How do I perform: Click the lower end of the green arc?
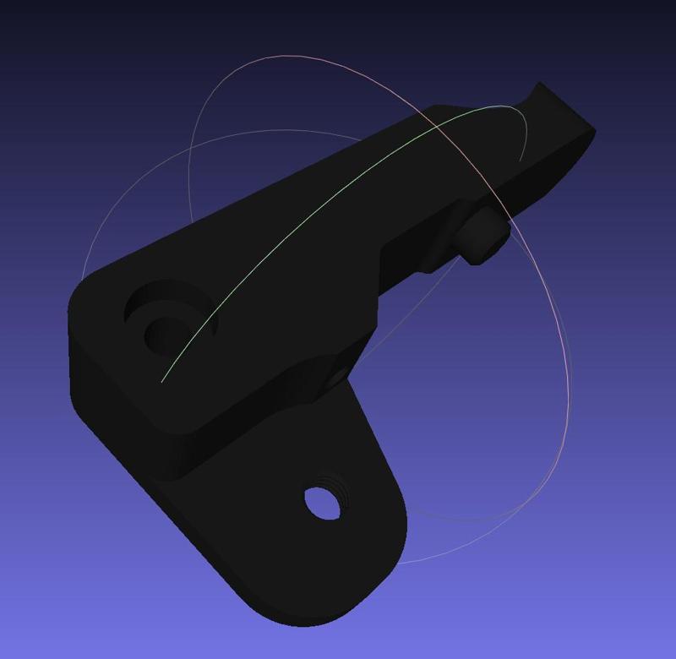163,380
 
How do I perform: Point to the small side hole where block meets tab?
338,371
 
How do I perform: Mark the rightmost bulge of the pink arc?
566,406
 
